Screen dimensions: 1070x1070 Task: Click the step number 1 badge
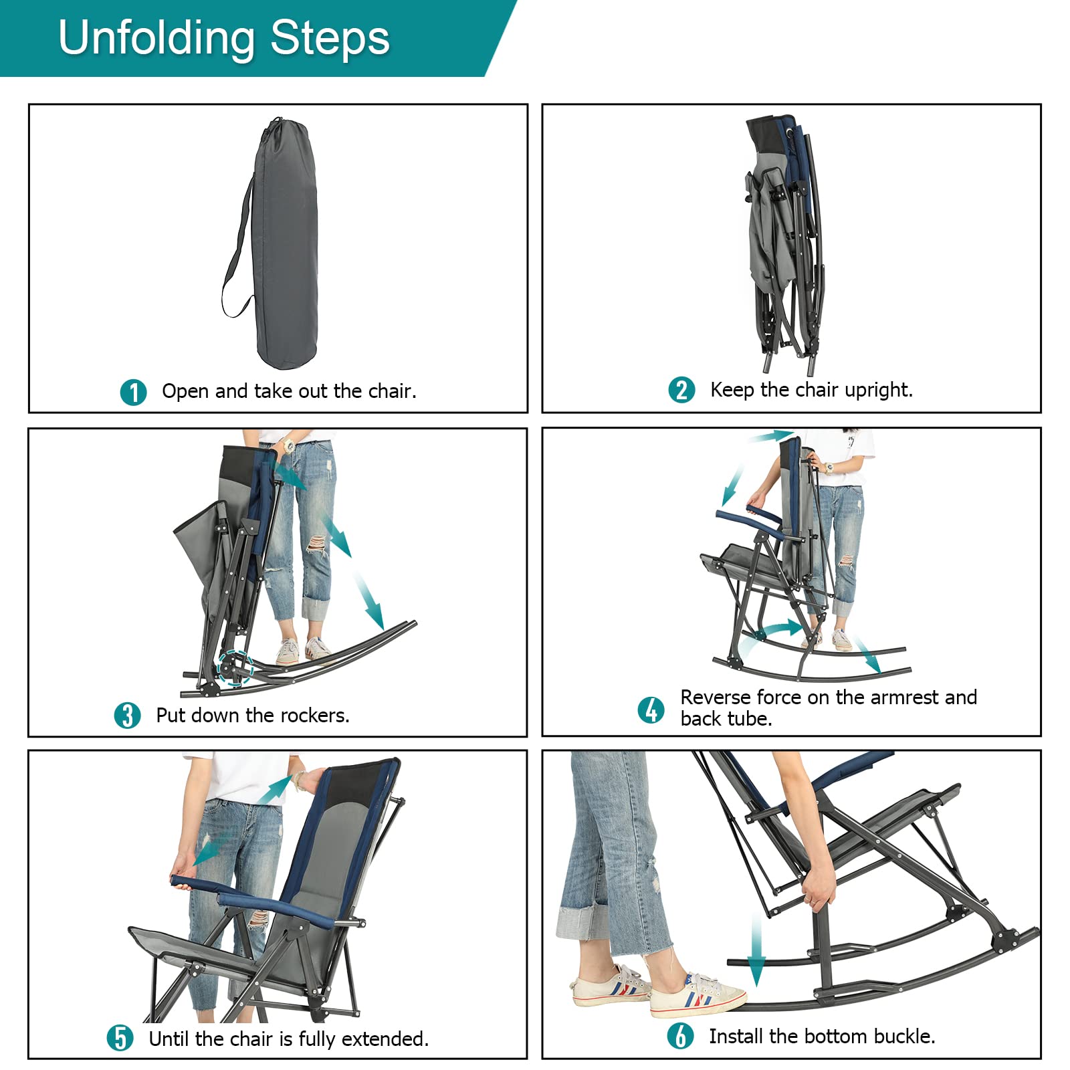coord(133,393)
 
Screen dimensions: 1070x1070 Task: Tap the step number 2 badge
coord(681,390)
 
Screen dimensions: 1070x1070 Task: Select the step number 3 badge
coord(127,716)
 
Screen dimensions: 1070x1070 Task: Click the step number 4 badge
coord(651,710)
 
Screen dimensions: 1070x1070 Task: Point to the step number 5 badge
coord(120,1039)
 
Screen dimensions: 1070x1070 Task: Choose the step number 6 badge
coord(680,1036)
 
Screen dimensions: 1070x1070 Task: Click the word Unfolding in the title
coord(156,38)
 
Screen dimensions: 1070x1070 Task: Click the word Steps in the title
coord(330,38)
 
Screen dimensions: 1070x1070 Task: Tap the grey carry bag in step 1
coord(286,247)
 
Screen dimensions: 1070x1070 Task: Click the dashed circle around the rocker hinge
coord(235,667)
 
